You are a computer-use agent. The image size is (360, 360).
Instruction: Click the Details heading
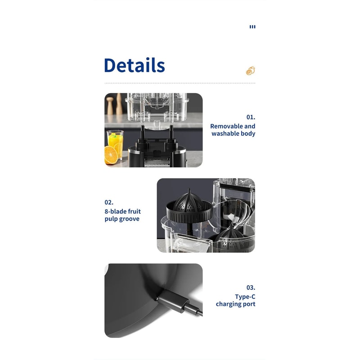[134, 65]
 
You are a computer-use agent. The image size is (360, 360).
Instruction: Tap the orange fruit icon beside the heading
[251, 71]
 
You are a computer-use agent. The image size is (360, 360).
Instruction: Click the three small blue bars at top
[252, 27]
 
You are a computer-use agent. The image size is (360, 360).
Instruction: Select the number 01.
[251, 117]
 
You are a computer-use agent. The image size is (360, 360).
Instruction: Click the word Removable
[226, 126]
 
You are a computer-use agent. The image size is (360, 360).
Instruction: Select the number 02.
[109, 202]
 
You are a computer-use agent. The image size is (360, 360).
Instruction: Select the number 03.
[251, 288]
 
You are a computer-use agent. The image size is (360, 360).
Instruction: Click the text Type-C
[245, 297]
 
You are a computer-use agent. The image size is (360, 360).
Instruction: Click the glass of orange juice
[115, 144]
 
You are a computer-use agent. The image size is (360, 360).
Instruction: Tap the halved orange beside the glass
[111, 155]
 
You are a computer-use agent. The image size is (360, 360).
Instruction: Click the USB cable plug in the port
[173, 301]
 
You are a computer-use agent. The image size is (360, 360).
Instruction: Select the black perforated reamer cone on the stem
[189, 202]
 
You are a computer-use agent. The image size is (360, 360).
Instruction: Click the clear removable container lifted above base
[157, 108]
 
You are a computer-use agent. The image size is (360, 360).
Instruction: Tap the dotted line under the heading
[180, 83]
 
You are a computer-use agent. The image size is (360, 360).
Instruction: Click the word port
[249, 304]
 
